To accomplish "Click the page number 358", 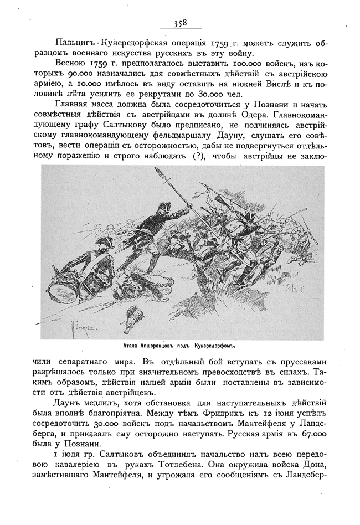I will click(180, 23).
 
